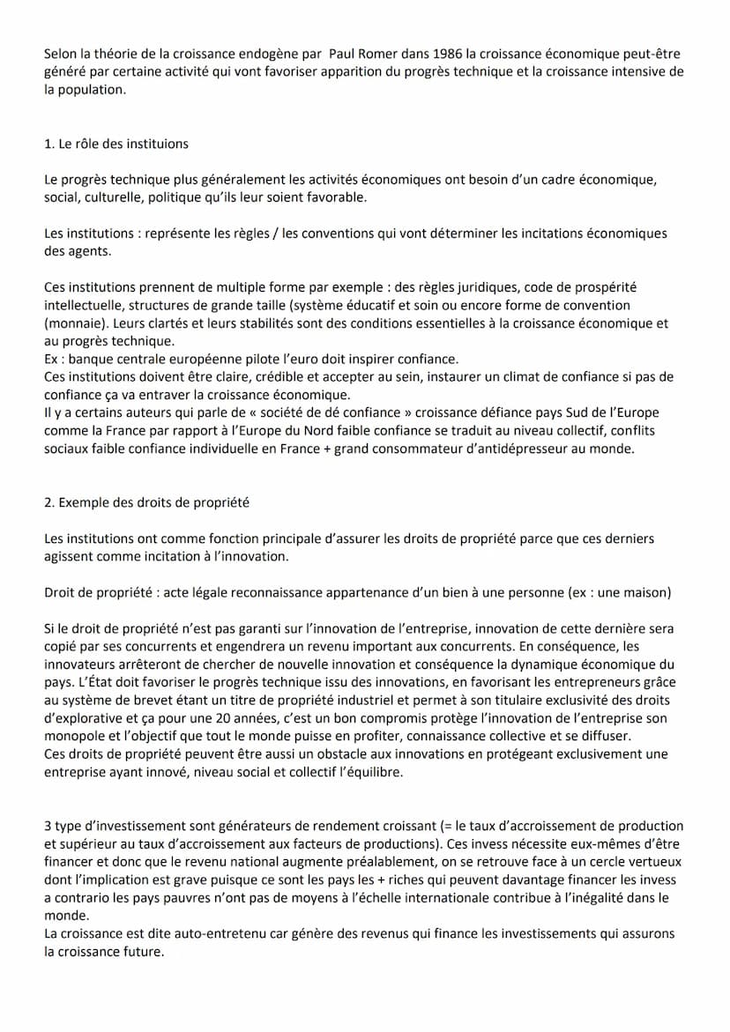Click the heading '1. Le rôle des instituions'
[116, 144]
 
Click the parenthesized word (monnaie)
[72, 323]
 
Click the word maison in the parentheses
[647, 592]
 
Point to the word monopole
[74, 736]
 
